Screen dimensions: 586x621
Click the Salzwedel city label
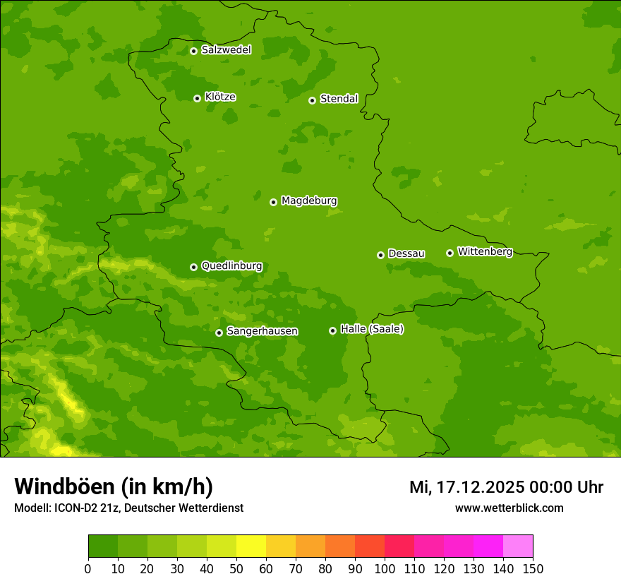click(x=226, y=50)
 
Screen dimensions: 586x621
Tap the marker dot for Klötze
click(x=197, y=98)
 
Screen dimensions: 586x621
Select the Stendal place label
click(x=339, y=99)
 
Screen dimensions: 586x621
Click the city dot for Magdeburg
click(x=273, y=202)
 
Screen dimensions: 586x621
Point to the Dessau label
click(x=406, y=253)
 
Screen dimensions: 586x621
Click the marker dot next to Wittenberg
click(x=450, y=253)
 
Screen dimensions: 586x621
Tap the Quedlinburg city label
click(x=231, y=266)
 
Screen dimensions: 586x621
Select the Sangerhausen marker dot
click(x=219, y=333)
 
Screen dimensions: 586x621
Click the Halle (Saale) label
click(x=372, y=329)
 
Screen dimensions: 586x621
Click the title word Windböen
click(x=64, y=486)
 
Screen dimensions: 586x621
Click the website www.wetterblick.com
click(x=509, y=508)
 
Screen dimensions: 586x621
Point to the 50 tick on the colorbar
click(x=236, y=568)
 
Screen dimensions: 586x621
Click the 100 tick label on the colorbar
click(x=385, y=568)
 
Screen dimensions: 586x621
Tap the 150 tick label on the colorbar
click(x=533, y=568)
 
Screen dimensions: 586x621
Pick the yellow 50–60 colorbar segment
click(x=251, y=546)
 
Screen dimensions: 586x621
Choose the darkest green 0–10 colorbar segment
click(x=103, y=546)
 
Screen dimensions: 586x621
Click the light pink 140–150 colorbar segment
click(x=518, y=546)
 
